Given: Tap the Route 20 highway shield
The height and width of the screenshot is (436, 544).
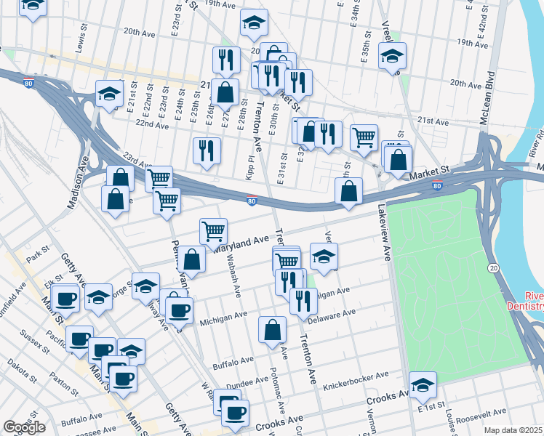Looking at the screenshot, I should pos(494,268).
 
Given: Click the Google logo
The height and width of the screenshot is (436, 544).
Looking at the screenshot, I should pos(24,427).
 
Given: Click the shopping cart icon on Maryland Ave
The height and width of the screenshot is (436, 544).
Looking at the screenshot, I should pos(213,232).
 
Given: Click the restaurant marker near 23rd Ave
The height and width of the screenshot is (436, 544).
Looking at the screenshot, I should pos(207,150).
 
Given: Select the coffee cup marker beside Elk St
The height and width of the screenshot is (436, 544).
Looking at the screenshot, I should pos(66,299).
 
